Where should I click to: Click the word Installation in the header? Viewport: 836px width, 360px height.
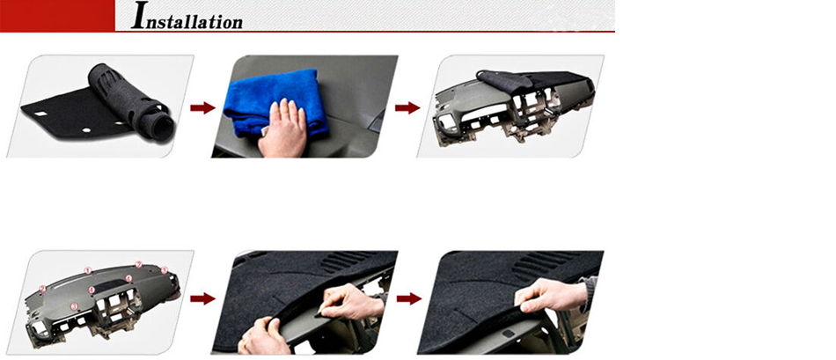[187, 16]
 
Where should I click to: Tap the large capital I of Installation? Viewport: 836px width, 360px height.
[139, 16]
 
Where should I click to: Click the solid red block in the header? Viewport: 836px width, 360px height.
[57, 16]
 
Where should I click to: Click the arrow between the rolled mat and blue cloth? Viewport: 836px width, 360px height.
[202, 108]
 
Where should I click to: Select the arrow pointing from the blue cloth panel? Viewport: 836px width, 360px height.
[407, 108]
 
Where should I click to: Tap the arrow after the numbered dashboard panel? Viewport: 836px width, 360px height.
[202, 298]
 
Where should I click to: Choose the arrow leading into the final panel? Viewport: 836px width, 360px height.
[409, 298]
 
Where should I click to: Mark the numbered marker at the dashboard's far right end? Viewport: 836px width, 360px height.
[165, 270]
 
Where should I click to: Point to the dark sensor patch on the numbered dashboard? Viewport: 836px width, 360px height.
[108, 286]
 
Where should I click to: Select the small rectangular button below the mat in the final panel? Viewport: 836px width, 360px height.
[508, 334]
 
